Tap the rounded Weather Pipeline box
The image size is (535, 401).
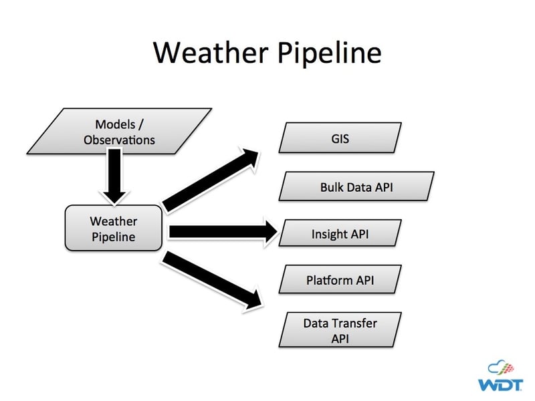[113, 229]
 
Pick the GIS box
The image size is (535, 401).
[340, 140]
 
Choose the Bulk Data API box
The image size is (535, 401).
[356, 186]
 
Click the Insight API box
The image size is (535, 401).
[340, 234]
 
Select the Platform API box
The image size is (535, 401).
[340, 280]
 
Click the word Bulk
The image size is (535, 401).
[333, 187]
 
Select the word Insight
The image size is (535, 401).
[330, 235]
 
